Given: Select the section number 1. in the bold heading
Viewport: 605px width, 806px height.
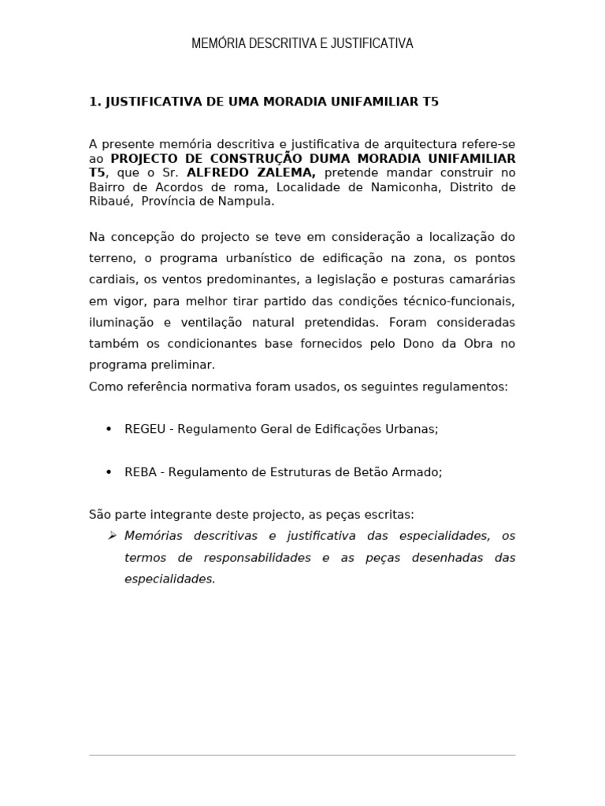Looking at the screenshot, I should click(95, 102).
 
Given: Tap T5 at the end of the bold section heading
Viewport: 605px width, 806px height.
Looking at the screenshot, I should click(429, 102).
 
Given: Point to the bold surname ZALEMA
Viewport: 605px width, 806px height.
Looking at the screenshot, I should click(283, 172).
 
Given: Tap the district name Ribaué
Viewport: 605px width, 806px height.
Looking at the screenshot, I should click(110, 201).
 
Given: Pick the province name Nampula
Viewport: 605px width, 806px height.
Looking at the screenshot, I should click(250, 201).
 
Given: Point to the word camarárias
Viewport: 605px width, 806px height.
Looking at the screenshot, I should click(483, 279).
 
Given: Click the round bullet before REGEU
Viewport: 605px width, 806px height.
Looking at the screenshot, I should click(109, 429).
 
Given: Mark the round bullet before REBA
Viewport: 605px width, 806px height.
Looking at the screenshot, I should click(109, 472).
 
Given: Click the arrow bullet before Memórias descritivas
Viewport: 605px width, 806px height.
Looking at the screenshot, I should click(111, 536).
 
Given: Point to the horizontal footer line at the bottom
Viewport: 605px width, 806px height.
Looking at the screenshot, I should click(302, 755).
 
